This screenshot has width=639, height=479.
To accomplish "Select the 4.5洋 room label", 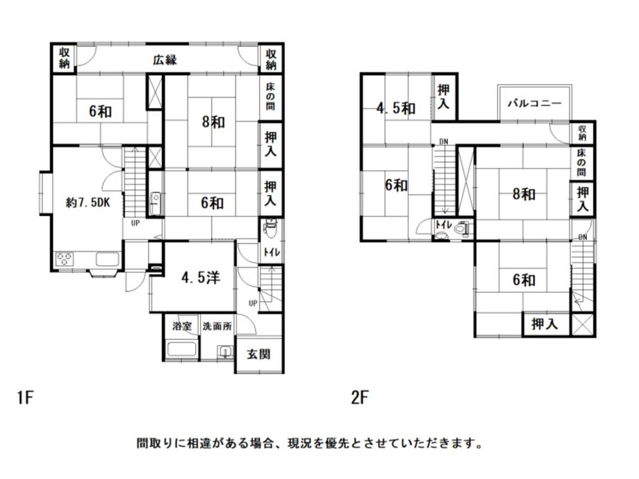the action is (x=201, y=278).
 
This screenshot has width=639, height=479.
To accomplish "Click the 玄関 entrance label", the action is (x=259, y=354).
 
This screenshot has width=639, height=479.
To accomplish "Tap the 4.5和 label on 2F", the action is (x=396, y=108).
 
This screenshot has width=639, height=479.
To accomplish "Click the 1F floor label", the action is (x=26, y=398).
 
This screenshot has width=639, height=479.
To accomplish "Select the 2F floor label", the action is (x=358, y=398).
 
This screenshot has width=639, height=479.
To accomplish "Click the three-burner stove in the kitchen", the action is (x=66, y=260).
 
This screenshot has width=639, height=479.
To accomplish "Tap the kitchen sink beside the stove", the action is (x=108, y=260).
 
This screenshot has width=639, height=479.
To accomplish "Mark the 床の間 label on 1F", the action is (x=272, y=99).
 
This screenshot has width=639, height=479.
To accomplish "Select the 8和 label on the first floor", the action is (x=213, y=122).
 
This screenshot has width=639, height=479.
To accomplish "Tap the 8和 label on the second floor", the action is (x=524, y=194).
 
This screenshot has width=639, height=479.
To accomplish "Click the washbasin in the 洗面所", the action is (x=224, y=351).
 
